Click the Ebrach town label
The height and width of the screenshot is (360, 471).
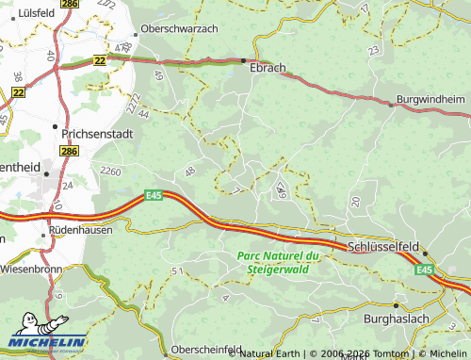click(x=268, y=68)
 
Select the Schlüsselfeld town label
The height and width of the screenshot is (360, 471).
click(x=383, y=245)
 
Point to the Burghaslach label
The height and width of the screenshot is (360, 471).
click(x=424, y=319)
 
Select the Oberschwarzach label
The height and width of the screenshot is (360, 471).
click(x=180, y=28)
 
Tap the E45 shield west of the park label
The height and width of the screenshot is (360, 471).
click(x=154, y=195)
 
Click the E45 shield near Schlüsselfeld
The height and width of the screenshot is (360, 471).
click(x=427, y=270)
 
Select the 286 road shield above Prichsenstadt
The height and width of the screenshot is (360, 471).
click(x=69, y=150)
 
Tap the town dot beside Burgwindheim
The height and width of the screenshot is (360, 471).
click(x=391, y=105)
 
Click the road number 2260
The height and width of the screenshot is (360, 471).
click(x=110, y=172)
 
